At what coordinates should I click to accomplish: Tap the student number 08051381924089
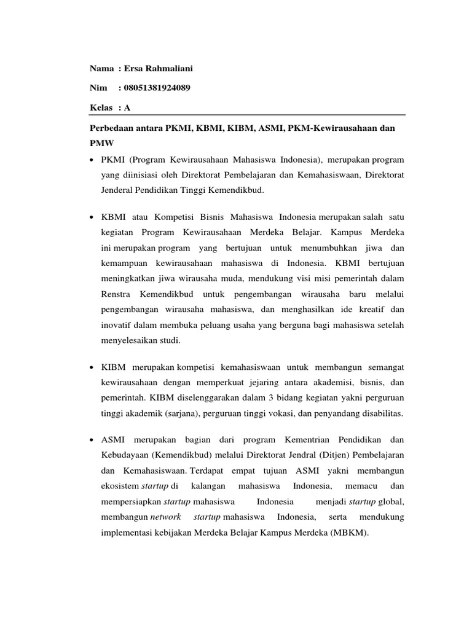pyautogui.click(x=157, y=88)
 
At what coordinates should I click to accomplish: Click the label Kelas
pyautogui.click(x=101, y=107)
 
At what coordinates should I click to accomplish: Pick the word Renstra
pyautogui.click(x=117, y=294)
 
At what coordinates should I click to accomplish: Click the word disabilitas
pyautogui.click(x=377, y=413)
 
